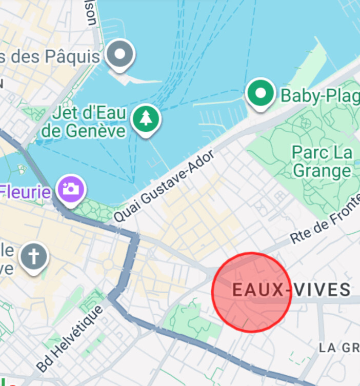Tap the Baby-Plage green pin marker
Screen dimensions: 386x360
click(261, 94)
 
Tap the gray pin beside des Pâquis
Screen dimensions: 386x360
click(121, 54)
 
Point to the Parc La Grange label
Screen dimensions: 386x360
click(322, 161)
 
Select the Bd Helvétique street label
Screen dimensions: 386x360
click(70, 335)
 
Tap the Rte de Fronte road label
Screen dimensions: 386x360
click(324, 228)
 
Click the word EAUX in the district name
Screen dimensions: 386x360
click(257, 290)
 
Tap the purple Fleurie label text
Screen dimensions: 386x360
click(26, 192)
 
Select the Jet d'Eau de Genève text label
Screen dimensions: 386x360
click(83, 121)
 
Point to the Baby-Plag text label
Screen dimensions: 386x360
click(319, 95)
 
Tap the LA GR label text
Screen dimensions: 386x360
click(338, 348)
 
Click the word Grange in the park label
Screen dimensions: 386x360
click(322, 171)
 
